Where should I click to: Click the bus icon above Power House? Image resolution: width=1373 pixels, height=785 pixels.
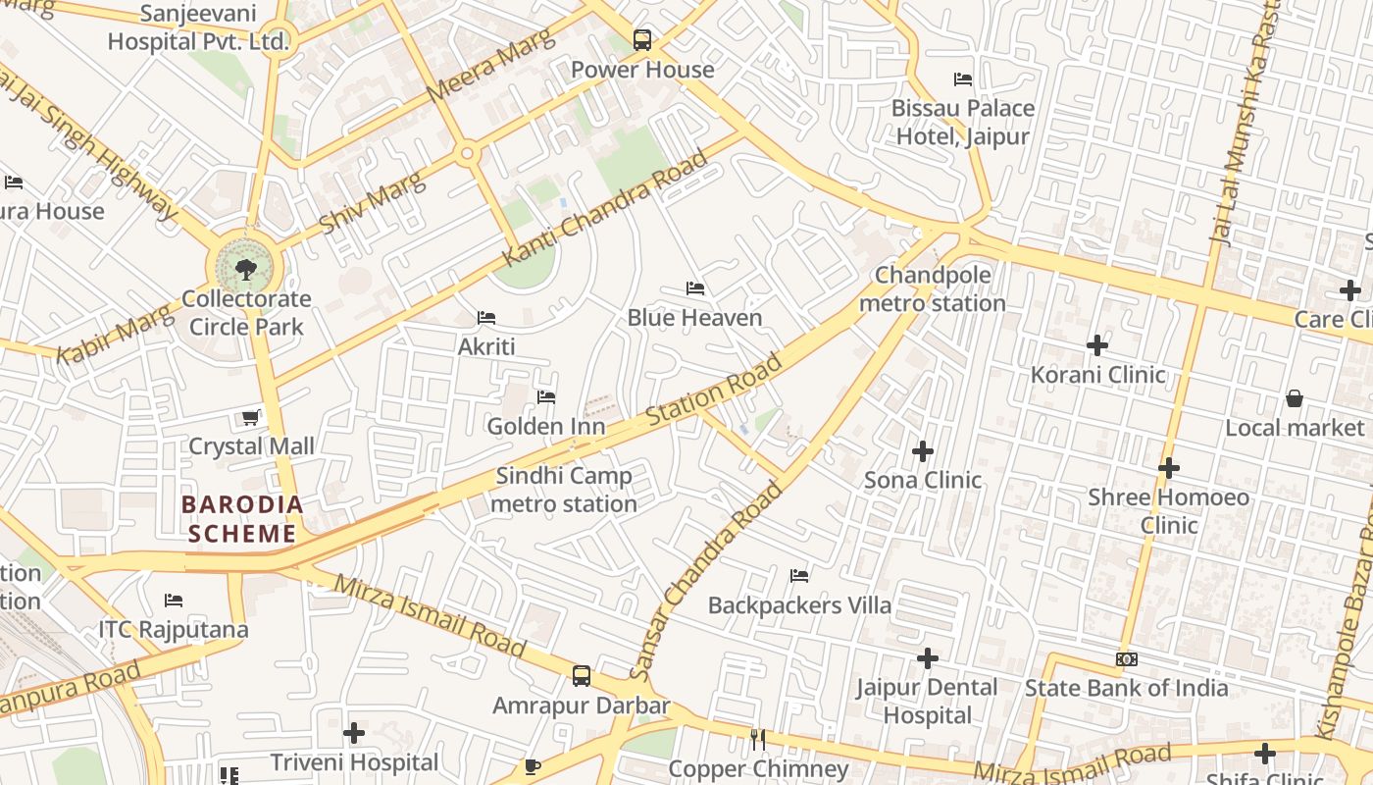[x=641, y=40]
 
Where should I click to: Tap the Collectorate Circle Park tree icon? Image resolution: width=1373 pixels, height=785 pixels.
[x=245, y=269]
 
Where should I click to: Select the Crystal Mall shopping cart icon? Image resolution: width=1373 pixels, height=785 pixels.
[x=251, y=418]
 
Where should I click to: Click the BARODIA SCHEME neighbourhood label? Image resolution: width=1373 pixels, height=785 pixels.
[x=241, y=519]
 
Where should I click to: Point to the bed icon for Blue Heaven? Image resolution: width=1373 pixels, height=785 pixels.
[x=695, y=288]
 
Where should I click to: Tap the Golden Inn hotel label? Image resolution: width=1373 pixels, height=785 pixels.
[x=546, y=427]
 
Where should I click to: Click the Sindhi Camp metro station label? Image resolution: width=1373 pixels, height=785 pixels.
[x=564, y=490]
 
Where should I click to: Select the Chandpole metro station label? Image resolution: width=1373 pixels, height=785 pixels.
[x=933, y=289]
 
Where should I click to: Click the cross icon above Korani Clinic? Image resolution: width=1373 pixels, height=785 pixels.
[x=1097, y=345]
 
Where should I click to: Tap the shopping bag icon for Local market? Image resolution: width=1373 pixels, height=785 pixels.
[x=1295, y=398]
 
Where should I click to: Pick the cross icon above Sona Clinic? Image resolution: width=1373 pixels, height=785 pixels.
[x=923, y=451]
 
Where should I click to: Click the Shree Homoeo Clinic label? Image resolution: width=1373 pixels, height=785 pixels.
[x=1168, y=511]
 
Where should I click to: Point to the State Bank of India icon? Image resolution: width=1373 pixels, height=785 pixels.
[x=1126, y=659]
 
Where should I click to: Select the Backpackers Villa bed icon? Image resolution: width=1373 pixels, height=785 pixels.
[x=799, y=576]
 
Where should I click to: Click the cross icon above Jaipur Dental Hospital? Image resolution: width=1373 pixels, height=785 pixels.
[x=927, y=658]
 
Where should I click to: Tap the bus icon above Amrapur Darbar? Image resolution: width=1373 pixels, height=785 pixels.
[x=582, y=676]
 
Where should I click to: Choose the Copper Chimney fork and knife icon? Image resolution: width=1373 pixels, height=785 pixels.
[x=757, y=740]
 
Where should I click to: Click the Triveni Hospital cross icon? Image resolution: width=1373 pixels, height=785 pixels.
[x=354, y=733]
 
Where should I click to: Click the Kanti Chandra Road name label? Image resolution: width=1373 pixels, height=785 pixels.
[x=605, y=208]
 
